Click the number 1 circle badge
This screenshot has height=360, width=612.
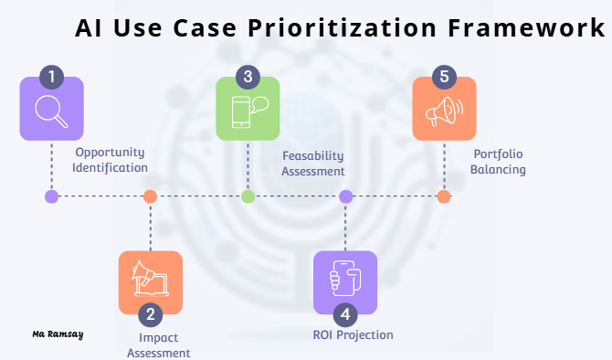[x=51, y=76]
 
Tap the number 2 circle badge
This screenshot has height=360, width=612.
[x=150, y=315]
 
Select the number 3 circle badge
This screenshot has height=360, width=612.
[x=248, y=76]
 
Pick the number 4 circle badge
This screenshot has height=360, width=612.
[x=345, y=315]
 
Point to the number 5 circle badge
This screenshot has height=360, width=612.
[x=444, y=76]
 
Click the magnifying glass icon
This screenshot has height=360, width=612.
[x=51, y=111]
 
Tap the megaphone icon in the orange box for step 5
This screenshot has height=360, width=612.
[x=445, y=111]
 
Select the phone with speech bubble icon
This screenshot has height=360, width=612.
[x=248, y=111]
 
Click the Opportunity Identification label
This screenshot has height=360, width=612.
[x=111, y=160]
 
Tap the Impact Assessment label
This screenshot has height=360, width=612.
[x=158, y=345]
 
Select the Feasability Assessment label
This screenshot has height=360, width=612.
[x=313, y=164]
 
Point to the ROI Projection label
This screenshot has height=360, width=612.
[x=353, y=334]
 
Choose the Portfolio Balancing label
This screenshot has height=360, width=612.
[x=499, y=162]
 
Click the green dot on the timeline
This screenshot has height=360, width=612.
[x=248, y=196]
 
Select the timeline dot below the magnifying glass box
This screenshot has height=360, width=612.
[x=52, y=196]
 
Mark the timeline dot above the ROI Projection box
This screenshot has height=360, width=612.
[x=345, y=196]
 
